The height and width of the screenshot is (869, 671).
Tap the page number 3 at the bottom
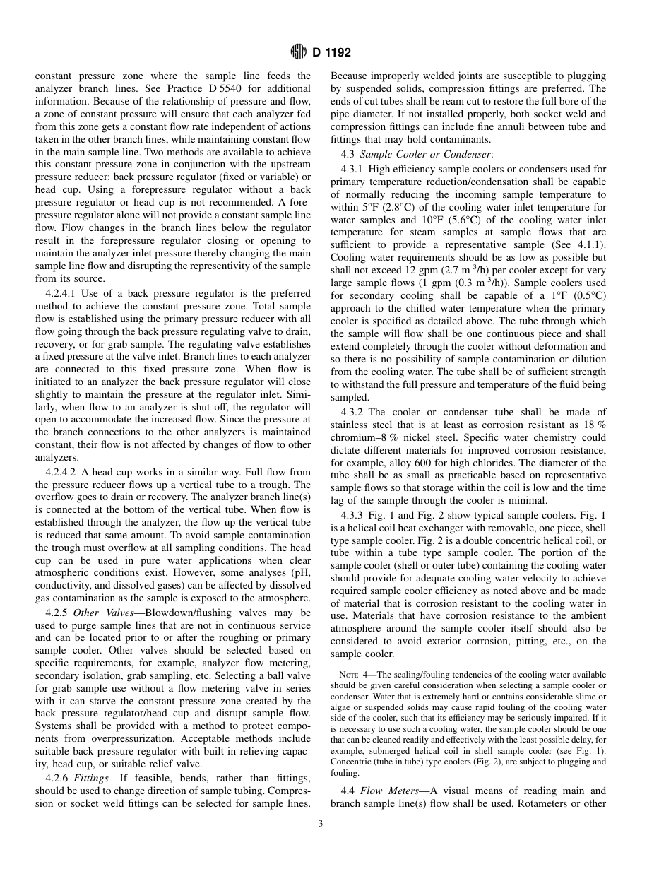pyautogui.click(x=321, y=822)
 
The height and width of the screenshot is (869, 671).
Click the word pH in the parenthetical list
pyautogui.click(x=299, y=574)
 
